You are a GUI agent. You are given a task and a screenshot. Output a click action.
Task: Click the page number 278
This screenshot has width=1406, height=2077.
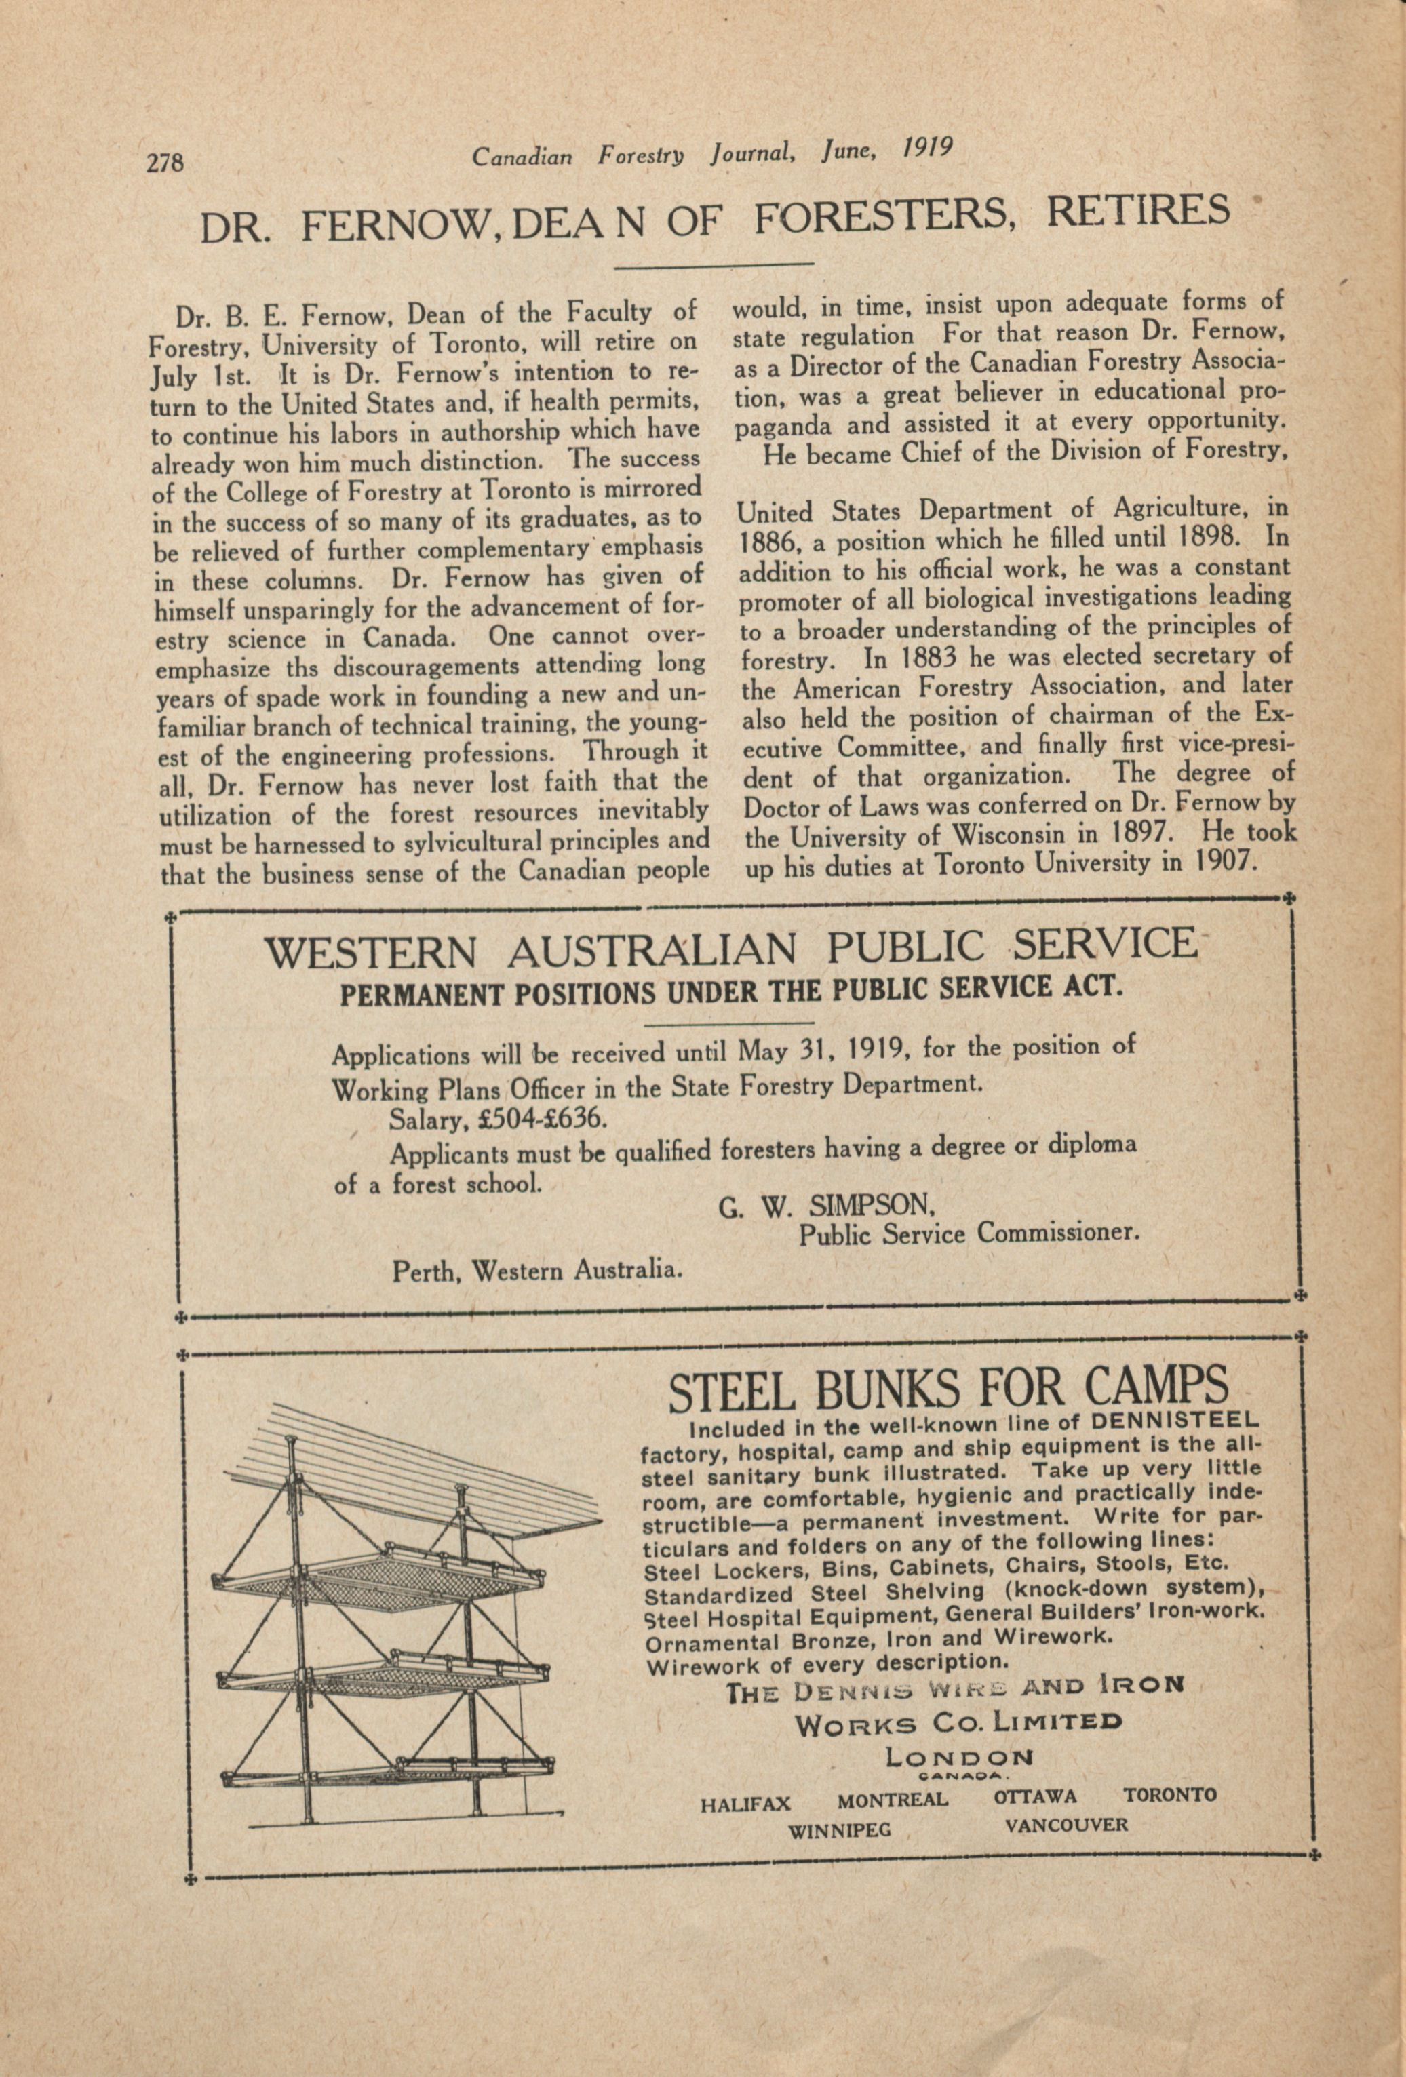[x=165, y=163]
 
